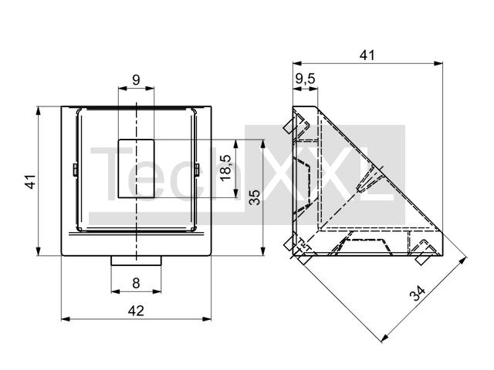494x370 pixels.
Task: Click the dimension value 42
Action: tap(136, 311)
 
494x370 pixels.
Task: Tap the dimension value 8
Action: tap(136, 283)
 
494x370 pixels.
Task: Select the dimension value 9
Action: tap(136, 80)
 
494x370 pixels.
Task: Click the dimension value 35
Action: tap(255, 197)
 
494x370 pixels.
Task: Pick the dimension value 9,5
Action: tap(306, 79)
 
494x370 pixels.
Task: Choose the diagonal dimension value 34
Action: tap(418, 293)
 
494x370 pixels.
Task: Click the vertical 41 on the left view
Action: tap(31, 182)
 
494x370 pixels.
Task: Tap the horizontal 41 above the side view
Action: tap(367, 55)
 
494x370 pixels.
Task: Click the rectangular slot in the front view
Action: tap(136, 169)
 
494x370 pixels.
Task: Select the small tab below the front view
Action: tap(136, 261)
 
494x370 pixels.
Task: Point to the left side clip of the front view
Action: tap(76, 170)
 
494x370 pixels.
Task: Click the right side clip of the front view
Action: tap(197, 170)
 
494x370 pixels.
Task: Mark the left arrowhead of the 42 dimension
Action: tap(66, 319)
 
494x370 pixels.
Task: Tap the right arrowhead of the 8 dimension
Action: tap(157, 291)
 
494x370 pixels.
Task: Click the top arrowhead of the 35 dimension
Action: tap(262, 144)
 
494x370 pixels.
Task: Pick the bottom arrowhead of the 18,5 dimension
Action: tap(235, 193)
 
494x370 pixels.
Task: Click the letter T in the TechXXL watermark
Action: tap(110, 173)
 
